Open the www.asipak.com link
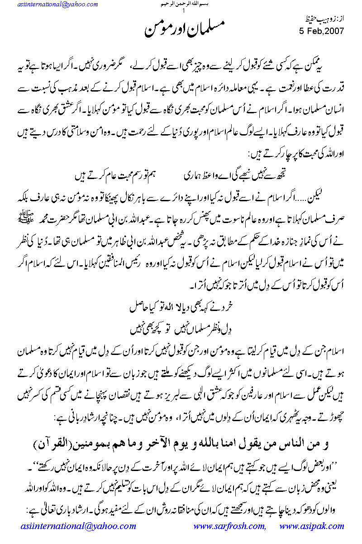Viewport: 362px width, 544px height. coord(312,526)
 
